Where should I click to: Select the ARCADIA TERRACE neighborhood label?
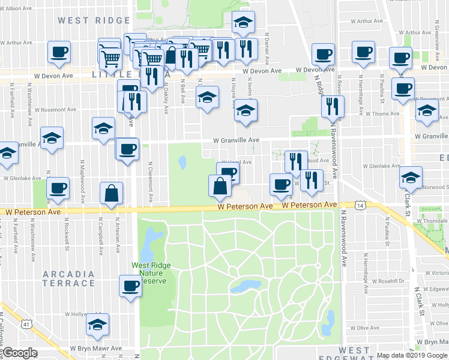(x=68, y=280)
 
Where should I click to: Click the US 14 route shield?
(x=360, y=205)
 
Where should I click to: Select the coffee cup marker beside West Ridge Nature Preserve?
(x=130, y=286)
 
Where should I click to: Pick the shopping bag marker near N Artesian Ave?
(x=112, y=193)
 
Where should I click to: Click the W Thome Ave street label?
(x=382, y=113)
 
